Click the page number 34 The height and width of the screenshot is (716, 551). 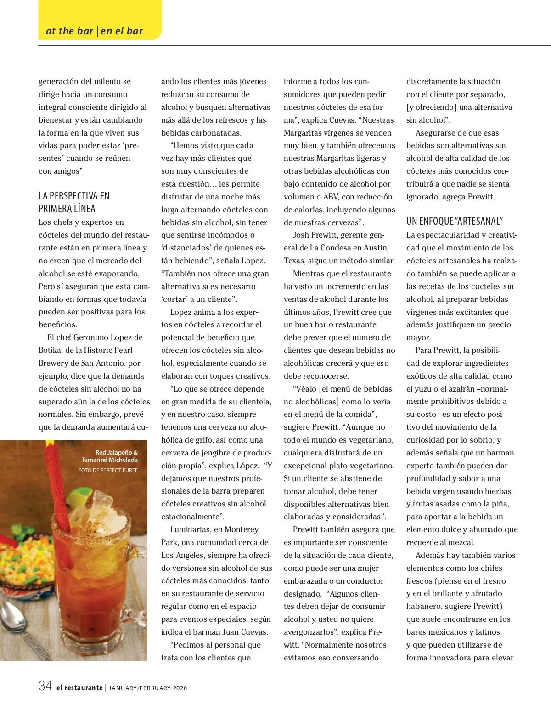tap(45, 686)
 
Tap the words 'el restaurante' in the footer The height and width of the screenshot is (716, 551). tap(79, 688)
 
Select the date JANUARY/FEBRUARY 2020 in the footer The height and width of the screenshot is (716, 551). tap(148, 688)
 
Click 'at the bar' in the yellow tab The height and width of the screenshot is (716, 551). tap(69, 31)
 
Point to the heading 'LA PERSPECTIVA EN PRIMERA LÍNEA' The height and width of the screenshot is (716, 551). tap(74, 202)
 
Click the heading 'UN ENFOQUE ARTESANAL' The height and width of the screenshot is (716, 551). tap(455, 221)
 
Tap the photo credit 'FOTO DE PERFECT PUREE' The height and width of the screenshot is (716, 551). tap(108, 470)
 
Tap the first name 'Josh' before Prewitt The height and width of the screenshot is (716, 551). tap(301, 235)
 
